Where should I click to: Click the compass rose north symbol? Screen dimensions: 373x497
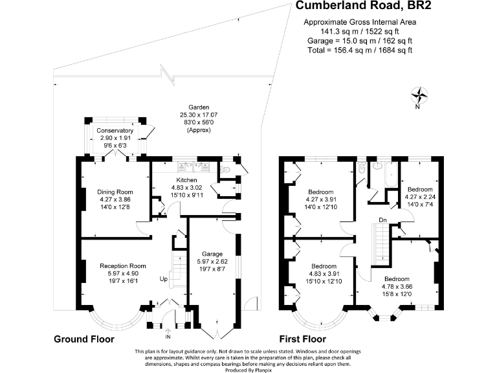click(422, 96)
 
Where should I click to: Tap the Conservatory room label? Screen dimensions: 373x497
click(115, 131)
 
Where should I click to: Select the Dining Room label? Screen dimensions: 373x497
click(115, 192)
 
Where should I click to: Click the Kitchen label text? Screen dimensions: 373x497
click(186, 179)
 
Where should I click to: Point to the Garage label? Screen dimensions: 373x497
click(212, 253)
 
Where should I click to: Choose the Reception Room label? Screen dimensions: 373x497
click(123, 266)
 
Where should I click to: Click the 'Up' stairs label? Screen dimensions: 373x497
click(164, 280)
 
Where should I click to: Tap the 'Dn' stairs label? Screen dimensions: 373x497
click(383, 220)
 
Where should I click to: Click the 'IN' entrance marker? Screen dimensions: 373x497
click(168, 336)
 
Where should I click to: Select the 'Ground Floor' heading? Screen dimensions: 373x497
click(83, 339)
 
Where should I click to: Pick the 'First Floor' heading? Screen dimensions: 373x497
click(302, 339)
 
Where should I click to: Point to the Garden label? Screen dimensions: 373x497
click(199, 107)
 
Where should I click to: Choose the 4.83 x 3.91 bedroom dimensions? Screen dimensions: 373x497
click(324, 274)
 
